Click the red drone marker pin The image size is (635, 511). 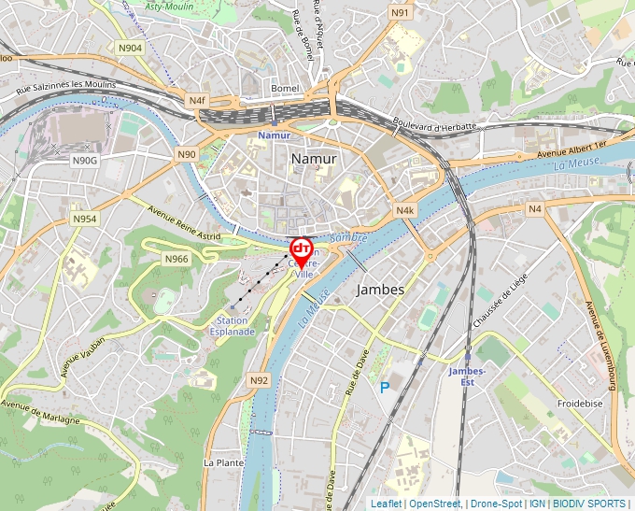pyautogui.click(x=302, y=250)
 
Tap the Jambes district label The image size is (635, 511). pyautogui.click(x=381, y=290)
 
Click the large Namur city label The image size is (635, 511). pyautogui.click(x=314, y=159)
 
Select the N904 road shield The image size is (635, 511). pyautogui.click(x=130, y=48)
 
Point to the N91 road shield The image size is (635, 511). pyautogui.click(x=400, y=12)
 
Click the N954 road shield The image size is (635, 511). pyautogui.click(x=84, y=219)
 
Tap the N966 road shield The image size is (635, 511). pyautogui.click(x=176, y=259)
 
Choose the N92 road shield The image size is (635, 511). pyautogui.click(x=260, y=380)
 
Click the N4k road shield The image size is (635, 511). pyautogui.click(x=404, y=211)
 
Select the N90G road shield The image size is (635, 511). pyautogui.click(x=84, y=161)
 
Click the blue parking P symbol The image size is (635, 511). pyautogui.click(x=384, y=387)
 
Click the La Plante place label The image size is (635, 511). pyautogui.click(x=222, y=462)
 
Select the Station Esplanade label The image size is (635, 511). pyautogui.click(x=233, y=326)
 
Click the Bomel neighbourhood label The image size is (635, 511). pyautogui.click(x=284, y=88)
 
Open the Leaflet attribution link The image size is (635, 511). pyautogui.click(x=386, y=504)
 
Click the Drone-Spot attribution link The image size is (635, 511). pyautogui.click(x=495, y=504)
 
